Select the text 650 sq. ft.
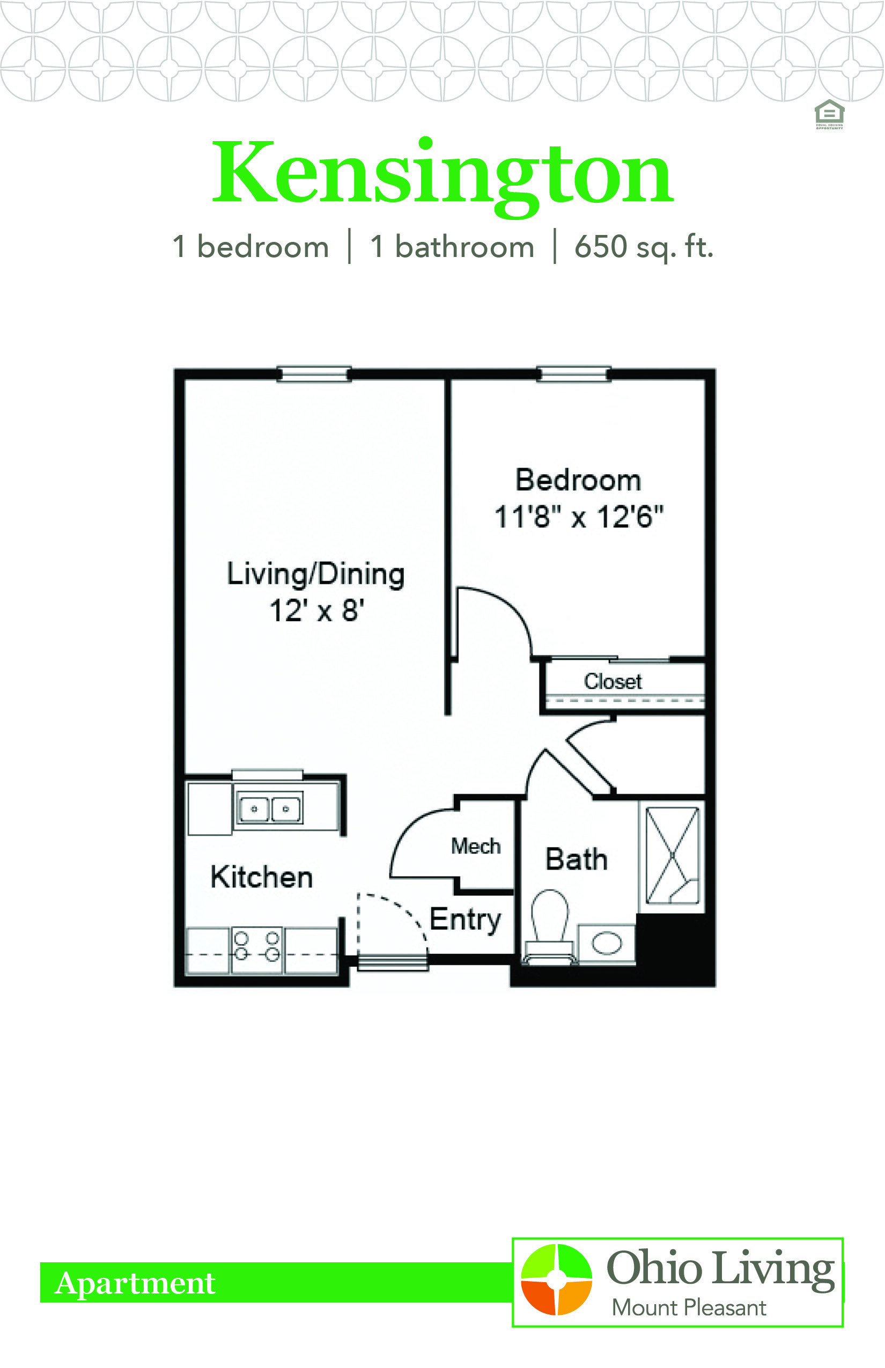[x=644, y=247]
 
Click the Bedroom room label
[x=578, y=480]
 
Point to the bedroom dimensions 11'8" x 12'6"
[x=579, y=516]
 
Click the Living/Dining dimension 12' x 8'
[x=316, y=611]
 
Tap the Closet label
[x=613, y=681]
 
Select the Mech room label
[x=476, y=846]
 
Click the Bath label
[x=577, y=859]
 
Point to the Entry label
[x=466, y=920]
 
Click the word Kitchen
[x=262, y=877]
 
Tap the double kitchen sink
[x=269, y=810]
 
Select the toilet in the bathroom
[x=550, y=926]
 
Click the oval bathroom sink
[x=606, y=943]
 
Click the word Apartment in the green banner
[x=135, y=1283]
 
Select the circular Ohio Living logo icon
[x=556, y=1279]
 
